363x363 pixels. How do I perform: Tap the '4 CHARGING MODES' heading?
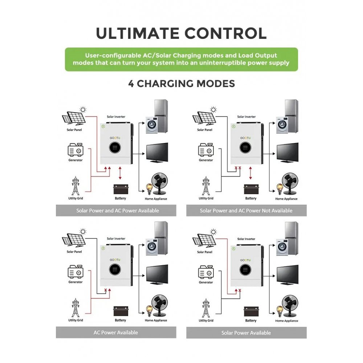pyautogui.click(x=181, y=83)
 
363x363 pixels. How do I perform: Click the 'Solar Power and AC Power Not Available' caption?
pyautogui.click(x=246, y=211)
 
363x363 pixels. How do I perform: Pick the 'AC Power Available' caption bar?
pyautogui.click(x=116, y=333)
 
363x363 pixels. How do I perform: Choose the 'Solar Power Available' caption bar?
pyautogui.click(x=246, y=333)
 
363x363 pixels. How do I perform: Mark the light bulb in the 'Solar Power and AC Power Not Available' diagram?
pyautogui.click(x=280, y=188)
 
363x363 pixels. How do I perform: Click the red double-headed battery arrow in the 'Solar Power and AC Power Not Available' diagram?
pyautogui.click(x=250, y=174)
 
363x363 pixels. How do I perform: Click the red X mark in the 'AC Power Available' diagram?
pyautogui.click(x=105, y=290)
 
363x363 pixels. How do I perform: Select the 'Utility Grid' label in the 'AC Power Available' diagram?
pyautogui.click(x=76, y=321)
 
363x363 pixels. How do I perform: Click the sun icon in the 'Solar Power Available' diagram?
pyautogui.click(x=213, y=231)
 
